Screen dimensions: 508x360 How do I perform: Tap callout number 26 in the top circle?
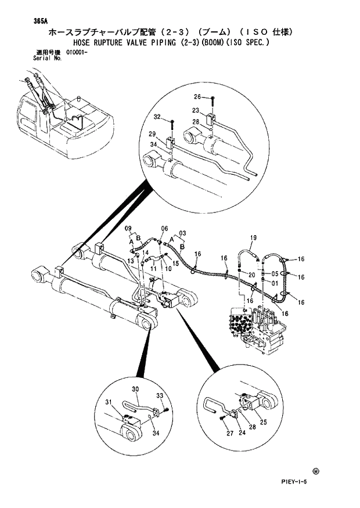point(197,97)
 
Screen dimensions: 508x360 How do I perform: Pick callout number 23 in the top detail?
point(196,111)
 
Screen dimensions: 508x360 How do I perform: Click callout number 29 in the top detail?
point(152,134)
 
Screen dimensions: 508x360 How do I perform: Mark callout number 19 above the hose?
point(253,238)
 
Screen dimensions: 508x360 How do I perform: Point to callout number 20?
point(252,274)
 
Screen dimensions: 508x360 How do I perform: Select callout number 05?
point(275,274)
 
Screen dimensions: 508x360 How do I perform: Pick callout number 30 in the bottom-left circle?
point(135,388)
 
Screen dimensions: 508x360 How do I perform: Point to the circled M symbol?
point(315,471)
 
